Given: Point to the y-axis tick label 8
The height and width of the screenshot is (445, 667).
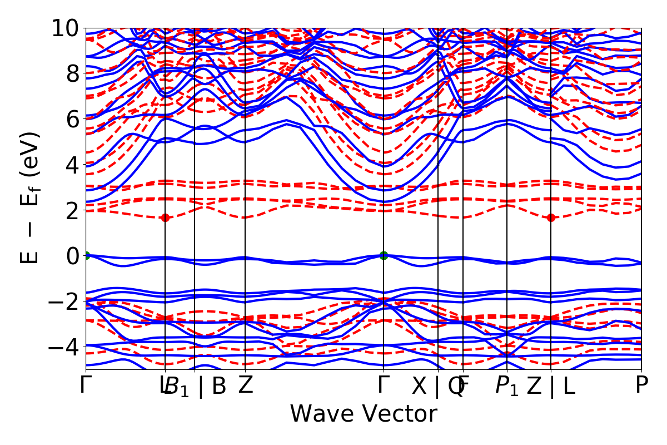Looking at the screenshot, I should [x=71, y=73].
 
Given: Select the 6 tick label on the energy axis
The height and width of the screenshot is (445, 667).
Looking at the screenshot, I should [x=71, y=119].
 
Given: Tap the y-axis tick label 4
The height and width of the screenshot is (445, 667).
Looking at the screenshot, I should [x=71, y=165].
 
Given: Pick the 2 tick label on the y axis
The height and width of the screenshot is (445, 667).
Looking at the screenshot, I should [x=71, y=210].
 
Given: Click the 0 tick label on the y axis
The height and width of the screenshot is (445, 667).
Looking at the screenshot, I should [x=71, y=256].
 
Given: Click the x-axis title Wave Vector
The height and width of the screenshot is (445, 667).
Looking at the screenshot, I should [x=364, y=415].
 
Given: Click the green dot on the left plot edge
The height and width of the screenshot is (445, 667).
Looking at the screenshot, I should [x=86, y=255].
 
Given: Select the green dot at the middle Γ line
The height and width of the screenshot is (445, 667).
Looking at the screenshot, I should [x=384, y=255].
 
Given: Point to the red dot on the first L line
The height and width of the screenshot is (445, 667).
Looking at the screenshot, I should [x=165, y=217].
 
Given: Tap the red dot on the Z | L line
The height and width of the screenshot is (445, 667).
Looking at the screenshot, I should [x=551, y=217].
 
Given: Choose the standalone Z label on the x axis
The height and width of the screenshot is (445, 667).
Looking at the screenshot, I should [x=245, y=385].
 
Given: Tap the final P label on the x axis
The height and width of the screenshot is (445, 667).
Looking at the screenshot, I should [x=641, y=385].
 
